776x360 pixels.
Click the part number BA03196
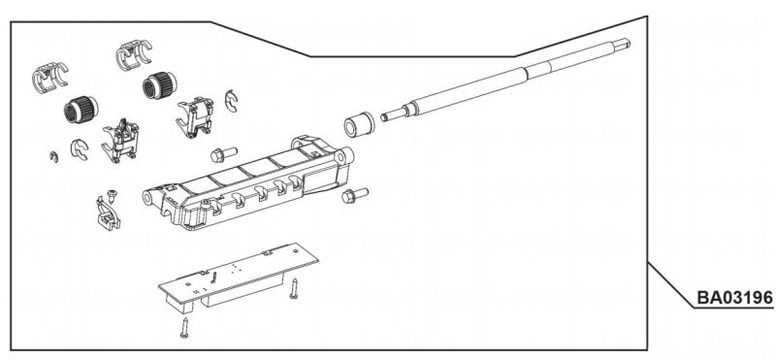[734, 298]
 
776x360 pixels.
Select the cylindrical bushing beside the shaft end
[359, 125]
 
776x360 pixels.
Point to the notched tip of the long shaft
[624, 43]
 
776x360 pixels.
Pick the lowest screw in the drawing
[184, 328]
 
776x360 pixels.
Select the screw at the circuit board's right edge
[294, 289]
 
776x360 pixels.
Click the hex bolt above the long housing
[224, 154]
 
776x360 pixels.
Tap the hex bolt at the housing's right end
[355, 196]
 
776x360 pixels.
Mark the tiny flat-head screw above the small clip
[113, 194]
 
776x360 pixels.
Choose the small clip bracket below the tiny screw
[108, 213]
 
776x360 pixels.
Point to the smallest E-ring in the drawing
[54, 157]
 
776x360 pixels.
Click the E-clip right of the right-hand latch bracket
[231, 101]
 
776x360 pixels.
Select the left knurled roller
[81, 110]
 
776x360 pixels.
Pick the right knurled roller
[159, 85]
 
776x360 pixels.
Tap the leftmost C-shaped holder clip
[49, 78]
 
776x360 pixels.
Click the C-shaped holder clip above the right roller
[134, 55]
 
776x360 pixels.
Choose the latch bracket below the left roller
[120, 143]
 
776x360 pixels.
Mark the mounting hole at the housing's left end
[148, 199]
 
